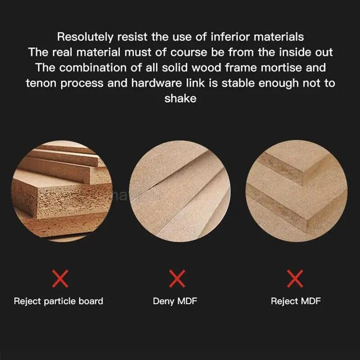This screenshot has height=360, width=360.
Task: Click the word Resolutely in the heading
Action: (x=85, y=37)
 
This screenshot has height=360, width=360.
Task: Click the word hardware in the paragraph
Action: (x=156, y=83)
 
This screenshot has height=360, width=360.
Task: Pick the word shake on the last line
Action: (x=181, y=98)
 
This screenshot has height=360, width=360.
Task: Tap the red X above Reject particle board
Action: (x=60, y=279)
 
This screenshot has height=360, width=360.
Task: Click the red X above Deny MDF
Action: (x=177, y=279)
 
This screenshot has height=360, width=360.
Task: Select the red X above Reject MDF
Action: (x=295, y=279)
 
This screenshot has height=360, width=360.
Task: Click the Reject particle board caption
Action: (x=59, y=301)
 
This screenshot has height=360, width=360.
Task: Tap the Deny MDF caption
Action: (x=175, y=301)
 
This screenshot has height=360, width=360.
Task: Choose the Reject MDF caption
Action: (x=296, y=301)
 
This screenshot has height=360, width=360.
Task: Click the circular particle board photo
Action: (x=62, y=191)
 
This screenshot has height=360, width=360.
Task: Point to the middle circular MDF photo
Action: (x=180, y=191)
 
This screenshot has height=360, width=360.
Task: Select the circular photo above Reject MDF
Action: (x=297, y=191)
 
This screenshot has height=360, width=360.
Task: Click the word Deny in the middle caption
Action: (x=164, y=301)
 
